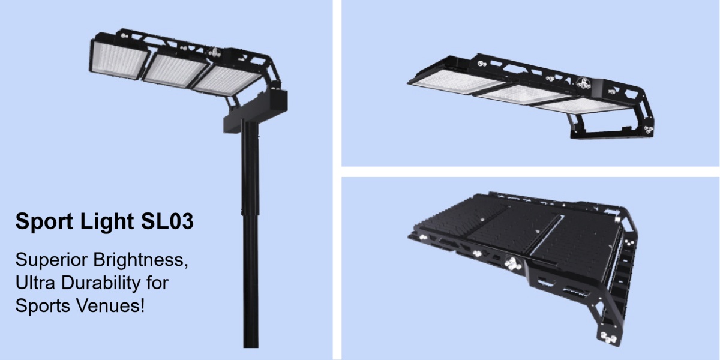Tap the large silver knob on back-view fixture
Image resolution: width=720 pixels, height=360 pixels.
513,263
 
